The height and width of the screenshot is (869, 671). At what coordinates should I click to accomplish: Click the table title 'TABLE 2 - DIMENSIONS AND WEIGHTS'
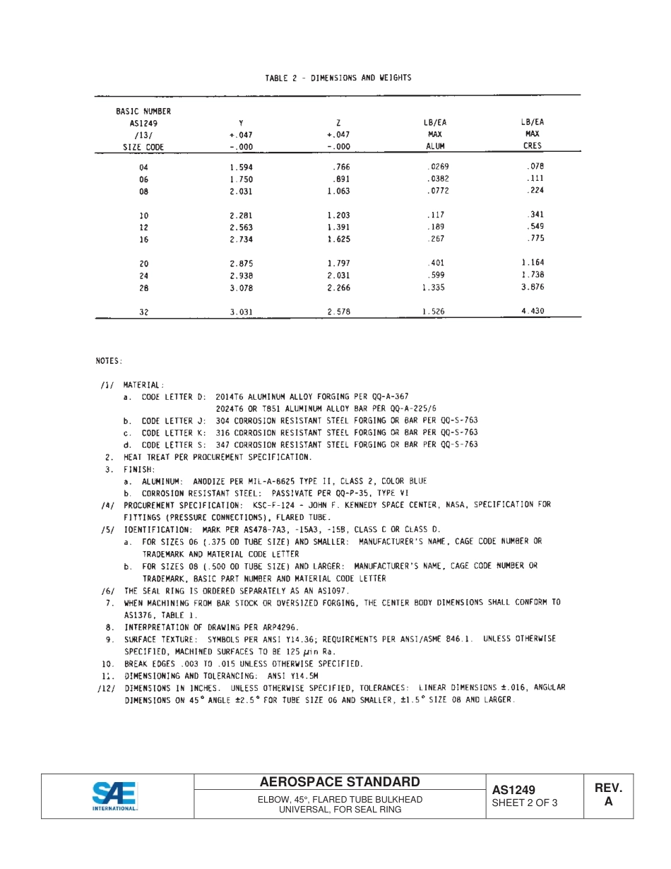338,78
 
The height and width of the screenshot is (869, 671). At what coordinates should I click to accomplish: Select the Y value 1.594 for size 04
241,167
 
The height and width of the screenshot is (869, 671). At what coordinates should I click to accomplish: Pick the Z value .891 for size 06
340,179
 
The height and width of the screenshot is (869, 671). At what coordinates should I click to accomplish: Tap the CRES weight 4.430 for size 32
533,311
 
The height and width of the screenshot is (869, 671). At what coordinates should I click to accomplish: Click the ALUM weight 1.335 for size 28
434,288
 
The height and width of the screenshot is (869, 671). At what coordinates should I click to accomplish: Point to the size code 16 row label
144,240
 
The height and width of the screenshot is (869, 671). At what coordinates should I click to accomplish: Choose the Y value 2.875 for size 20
241,264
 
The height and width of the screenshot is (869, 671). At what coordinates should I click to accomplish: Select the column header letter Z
339,122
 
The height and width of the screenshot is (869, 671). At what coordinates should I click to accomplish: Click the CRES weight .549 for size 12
535,227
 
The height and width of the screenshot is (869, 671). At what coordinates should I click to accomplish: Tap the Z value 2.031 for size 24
338,276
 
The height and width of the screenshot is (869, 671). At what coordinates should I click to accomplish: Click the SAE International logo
115,796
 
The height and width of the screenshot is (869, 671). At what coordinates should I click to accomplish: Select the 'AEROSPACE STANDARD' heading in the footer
340,782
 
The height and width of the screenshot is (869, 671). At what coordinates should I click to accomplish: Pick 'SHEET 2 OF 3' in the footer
525,803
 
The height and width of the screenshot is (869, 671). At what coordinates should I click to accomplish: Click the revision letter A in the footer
608,802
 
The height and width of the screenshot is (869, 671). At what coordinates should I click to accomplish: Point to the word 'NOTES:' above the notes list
109,361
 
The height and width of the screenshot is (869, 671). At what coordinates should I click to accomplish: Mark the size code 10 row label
144,216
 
